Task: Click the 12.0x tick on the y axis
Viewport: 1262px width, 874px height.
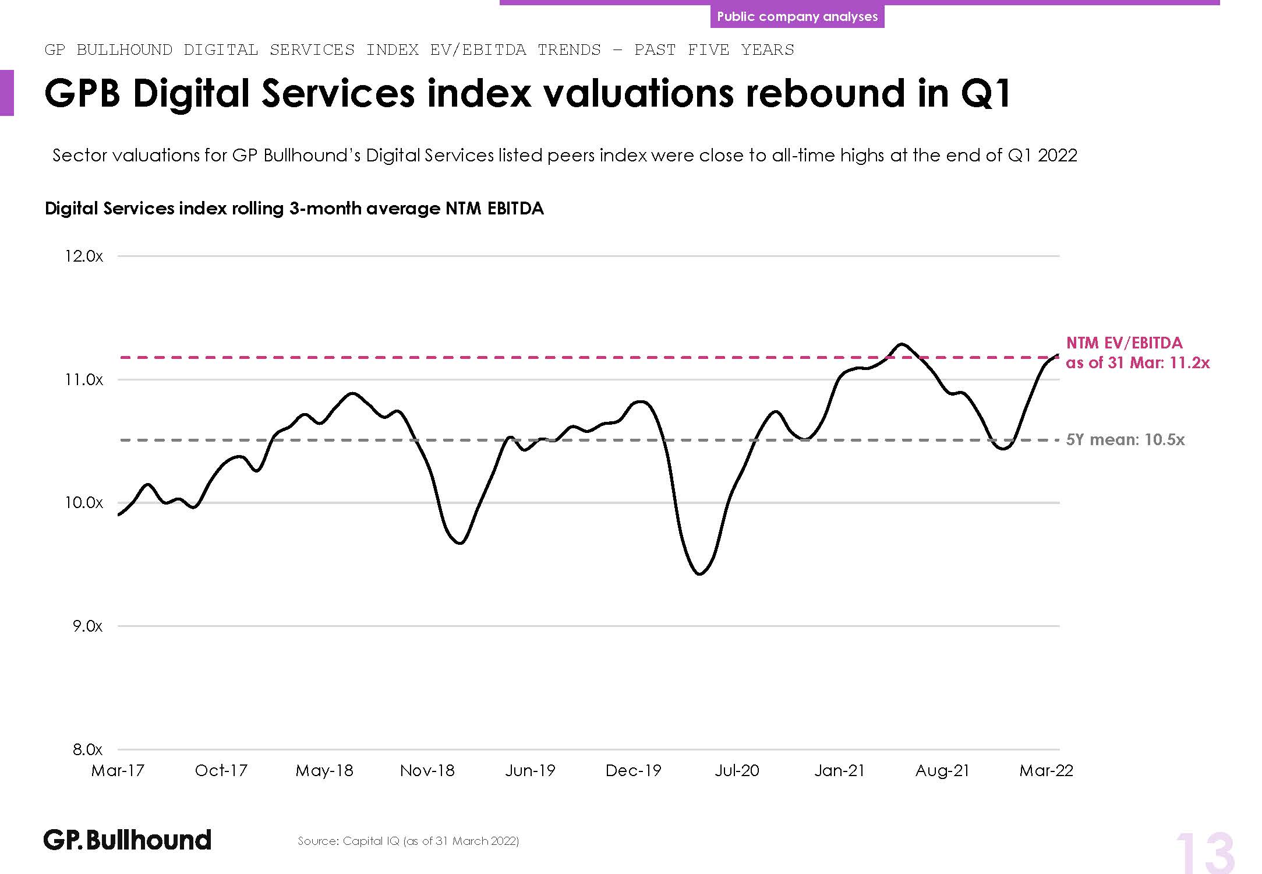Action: (x=84, y=256)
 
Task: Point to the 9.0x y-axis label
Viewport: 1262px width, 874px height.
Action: (x=87, y=626)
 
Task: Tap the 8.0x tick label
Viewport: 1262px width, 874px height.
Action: (x=87, y=750)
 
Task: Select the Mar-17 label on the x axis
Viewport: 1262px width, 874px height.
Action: (x=118, y=771)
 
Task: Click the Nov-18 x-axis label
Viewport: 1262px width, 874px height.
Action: (x=427, y=771)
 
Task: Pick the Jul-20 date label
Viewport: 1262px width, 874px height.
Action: (x=737, y=771)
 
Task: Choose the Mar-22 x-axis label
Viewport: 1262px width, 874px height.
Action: (x=1046, y=771)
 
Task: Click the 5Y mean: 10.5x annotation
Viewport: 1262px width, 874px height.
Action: (x=1125, y=440)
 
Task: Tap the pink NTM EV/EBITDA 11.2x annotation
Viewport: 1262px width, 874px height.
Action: (x=1137, y=353)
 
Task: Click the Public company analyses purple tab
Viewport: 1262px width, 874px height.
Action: (x=797, y=16)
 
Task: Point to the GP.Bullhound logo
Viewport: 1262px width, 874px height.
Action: (x=128, y=840)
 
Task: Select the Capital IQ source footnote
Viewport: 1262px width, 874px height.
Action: (x=408, y=841)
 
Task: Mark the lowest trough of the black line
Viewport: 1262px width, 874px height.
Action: (x=699, y=574)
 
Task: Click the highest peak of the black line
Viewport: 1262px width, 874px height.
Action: (x=902, y=344)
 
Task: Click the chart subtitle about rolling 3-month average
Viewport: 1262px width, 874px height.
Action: (x=294, y=209)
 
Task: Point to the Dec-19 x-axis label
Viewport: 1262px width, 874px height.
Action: (x=633, y=771)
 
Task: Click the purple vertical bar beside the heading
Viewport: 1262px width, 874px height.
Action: (x=6, y=93)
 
